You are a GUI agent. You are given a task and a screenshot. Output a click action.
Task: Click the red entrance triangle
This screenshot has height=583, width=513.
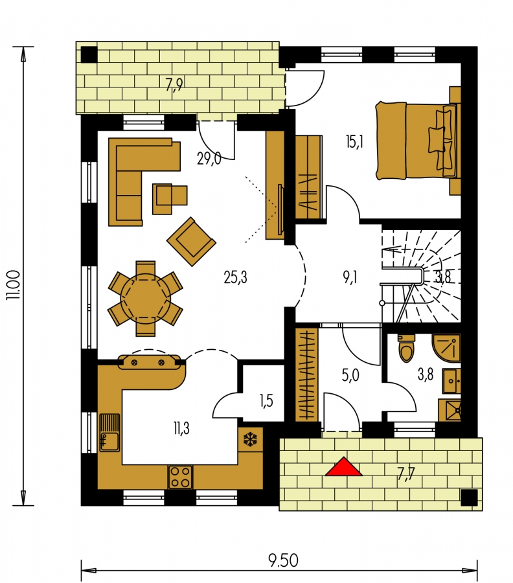(343, 468)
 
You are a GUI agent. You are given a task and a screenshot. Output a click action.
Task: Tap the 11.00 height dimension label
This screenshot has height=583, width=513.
(14, 285)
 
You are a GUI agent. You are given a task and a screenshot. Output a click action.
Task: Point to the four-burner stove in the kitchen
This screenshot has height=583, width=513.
(181, 477)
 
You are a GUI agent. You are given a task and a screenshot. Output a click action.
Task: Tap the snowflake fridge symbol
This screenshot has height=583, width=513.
(251, 440)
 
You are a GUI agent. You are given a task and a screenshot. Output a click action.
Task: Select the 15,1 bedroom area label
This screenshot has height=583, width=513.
(355, 142)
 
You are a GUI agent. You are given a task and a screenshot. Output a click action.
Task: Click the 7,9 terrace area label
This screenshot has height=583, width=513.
(174, 85)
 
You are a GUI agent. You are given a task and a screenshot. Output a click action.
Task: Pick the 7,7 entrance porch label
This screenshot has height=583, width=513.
(406, 474)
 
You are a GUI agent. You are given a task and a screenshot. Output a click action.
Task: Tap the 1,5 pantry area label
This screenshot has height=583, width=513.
(266, 400)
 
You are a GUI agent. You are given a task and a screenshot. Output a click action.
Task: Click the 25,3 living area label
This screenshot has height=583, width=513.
(236, 277)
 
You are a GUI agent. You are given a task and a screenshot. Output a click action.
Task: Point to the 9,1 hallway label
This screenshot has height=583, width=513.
(350, 277)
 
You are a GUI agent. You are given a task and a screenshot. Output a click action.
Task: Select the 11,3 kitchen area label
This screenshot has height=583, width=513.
(181, 428)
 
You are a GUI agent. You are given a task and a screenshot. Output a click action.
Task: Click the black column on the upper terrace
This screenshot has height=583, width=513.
(89, 54)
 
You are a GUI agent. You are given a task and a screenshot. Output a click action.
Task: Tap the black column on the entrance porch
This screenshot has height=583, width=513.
(469, 497)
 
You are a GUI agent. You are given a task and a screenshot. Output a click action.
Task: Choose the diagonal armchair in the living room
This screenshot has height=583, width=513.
(192, 242)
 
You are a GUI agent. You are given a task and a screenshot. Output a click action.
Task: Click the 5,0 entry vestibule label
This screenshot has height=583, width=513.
(350, 376)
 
